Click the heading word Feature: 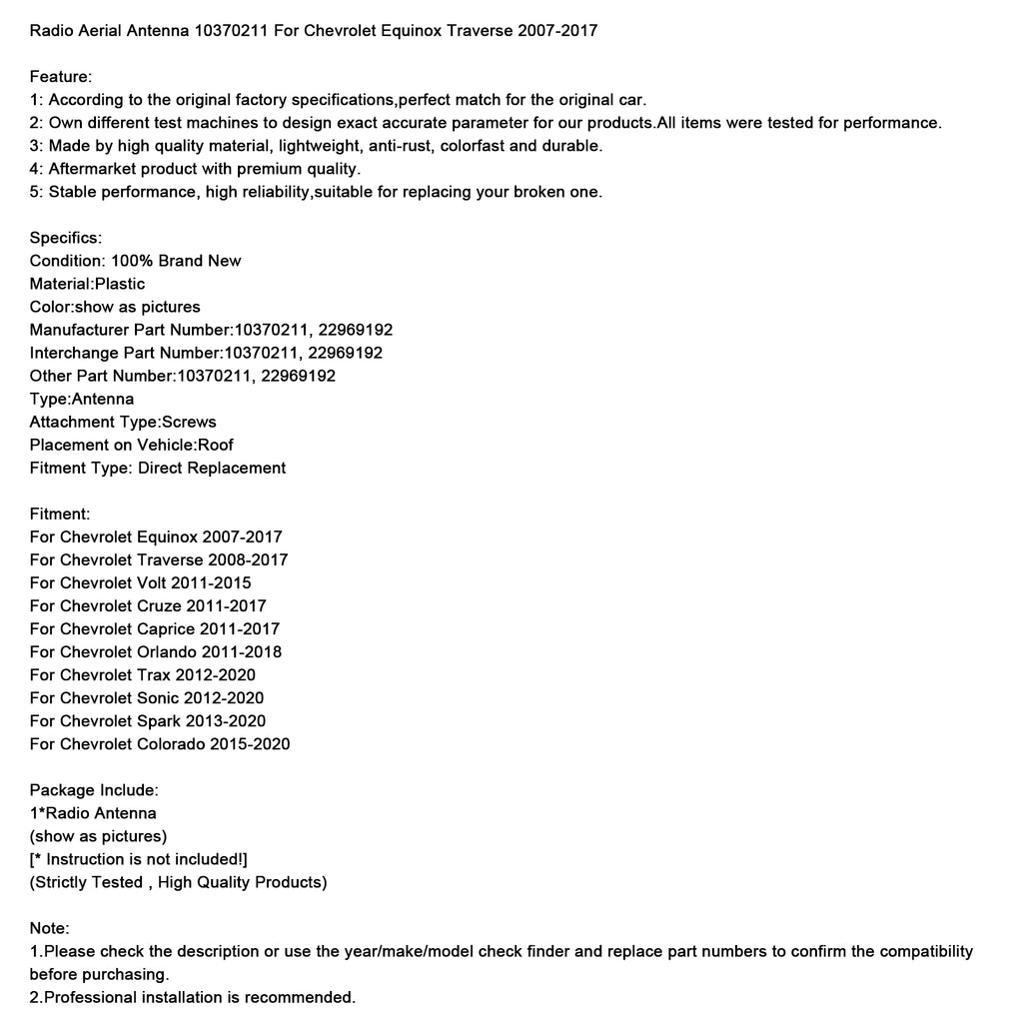click(61, 77)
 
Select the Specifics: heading click(66, 238)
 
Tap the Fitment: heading click(60, 513)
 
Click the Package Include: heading click(94, 790)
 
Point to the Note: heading click(50, 928)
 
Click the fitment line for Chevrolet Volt click(140, 582)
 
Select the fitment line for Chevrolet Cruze click(148, 605)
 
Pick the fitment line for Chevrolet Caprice click(155, 628)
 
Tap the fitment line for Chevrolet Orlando click(156, 651)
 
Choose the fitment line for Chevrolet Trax click(143, 674)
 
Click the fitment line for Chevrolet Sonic click(147, 697)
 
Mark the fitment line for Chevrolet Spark click(148, 720)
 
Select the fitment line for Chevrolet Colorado click(160, 743)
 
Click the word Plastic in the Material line click(120, 284)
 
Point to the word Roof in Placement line click(216, 445)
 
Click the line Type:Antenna click(82, 399)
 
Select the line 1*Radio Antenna click(93, 813)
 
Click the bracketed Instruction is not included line click(139, 859)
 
